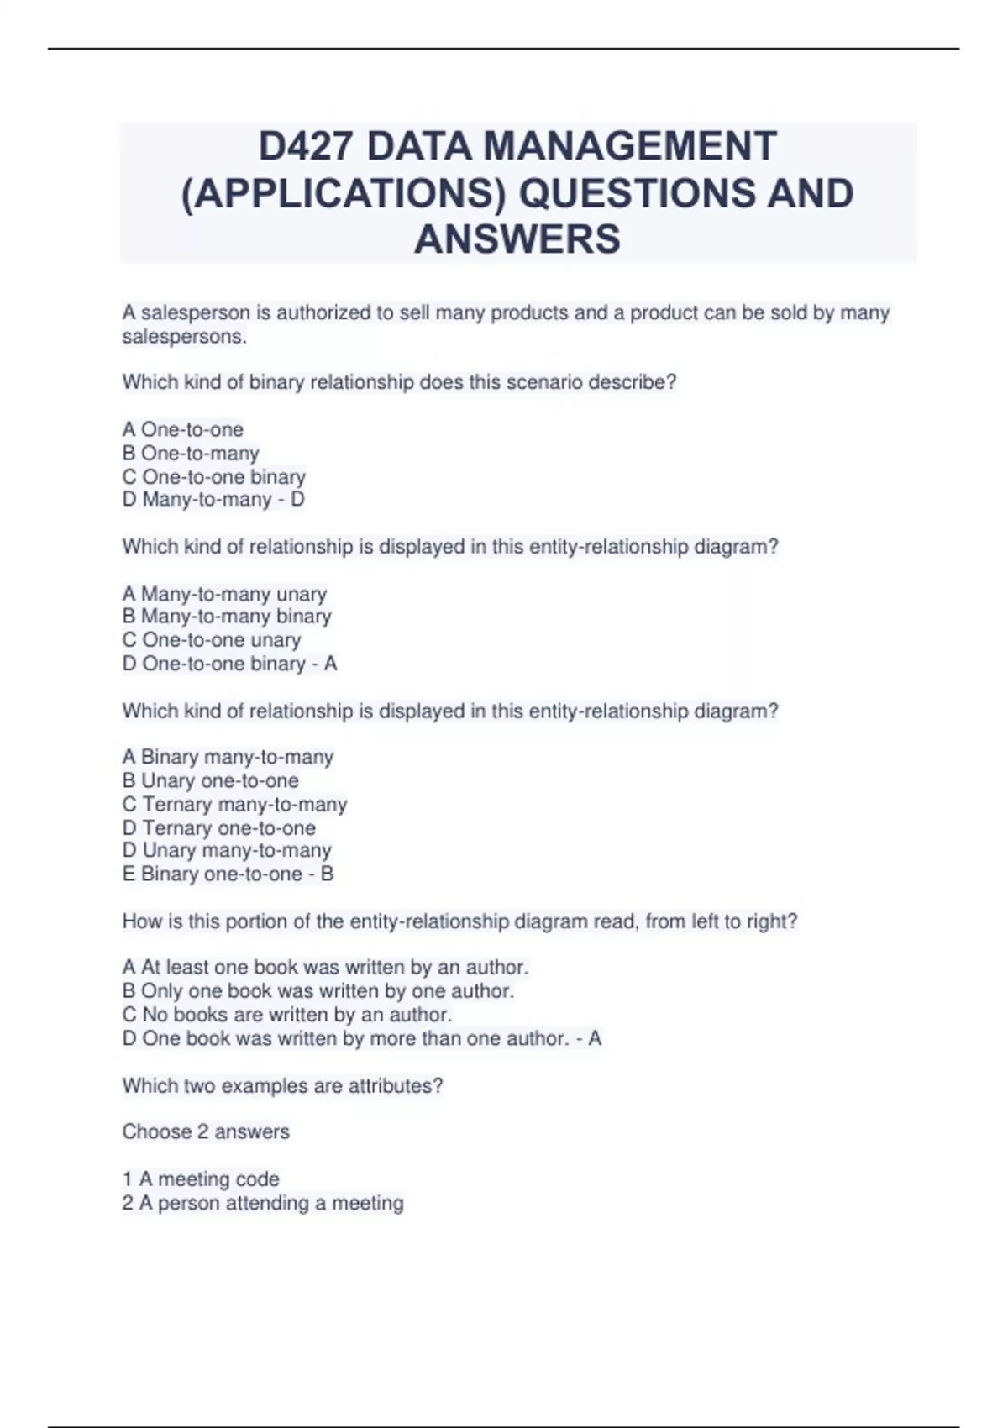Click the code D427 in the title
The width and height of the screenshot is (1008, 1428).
pos(306,146)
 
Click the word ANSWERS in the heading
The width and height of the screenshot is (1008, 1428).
pos(517,239)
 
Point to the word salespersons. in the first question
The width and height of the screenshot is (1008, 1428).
pos(185,337)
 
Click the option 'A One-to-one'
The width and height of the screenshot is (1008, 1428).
pos(183,429)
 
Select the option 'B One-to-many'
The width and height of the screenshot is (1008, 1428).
pos(191,453)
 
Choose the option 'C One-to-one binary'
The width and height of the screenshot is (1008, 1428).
pos(214,476)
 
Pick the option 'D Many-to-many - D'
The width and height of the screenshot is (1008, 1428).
pos(213,500)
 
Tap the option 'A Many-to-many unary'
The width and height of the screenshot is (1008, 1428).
pos(224,594)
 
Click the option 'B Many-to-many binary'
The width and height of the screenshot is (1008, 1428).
pos(227,617)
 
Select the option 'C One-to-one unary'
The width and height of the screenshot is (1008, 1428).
pos(212,640)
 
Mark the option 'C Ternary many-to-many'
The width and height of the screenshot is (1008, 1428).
pos(234,805)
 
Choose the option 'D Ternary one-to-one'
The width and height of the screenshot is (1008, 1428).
pos(219,828)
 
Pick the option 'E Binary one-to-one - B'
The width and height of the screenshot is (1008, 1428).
pos(228,874)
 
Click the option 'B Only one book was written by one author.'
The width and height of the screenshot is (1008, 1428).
pos(318,991)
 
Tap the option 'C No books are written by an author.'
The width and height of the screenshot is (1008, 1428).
pos(287,1015)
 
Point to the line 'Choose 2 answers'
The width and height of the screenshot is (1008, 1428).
pos(206,1132)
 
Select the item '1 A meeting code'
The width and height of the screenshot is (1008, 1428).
pos(201,1179)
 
